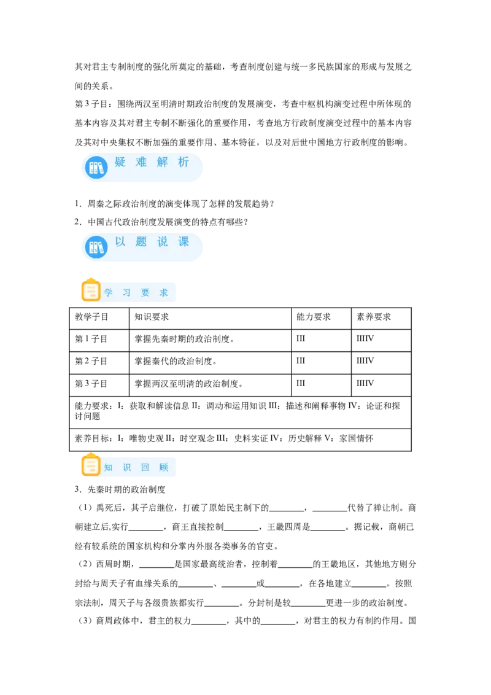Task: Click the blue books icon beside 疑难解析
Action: (x=96, y=168)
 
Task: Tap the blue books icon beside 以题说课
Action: (x=96, y=247)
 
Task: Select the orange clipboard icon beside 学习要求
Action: (x=91, y=290)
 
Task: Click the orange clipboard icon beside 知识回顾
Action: (x=91, y=465)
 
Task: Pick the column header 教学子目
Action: (x=91, y=317)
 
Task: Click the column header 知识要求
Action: (x=152, y=317)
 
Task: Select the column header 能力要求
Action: (x=313, y=317)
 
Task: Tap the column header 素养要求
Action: (x=374, y=317)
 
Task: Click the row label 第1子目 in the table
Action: (x=91, y=339)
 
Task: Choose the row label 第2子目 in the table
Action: (x=91, y=361)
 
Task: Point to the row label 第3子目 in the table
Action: (x=91, y=383)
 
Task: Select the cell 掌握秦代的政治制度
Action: (x=176, y=361)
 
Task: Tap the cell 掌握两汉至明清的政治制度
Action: (x=189, y=383)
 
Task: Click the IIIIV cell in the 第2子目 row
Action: (x=365, y=361)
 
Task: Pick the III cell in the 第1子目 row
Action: (x=301, y=339)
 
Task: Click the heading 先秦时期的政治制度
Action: (x=126, y=489)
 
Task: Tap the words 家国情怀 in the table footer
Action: (x=357, y=438)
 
